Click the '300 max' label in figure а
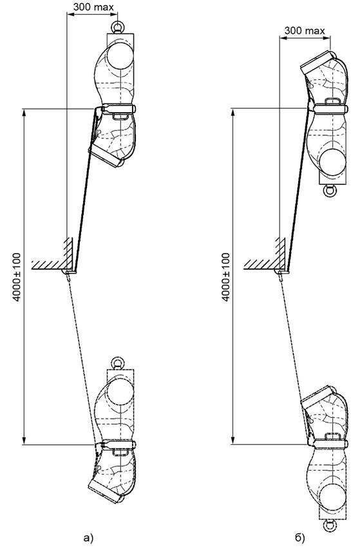click(x=93, y=6)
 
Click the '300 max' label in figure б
click(x=305, y=30)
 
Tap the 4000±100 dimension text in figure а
click(x=17, y=277)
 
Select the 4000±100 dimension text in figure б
click(x=226, y=277)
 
